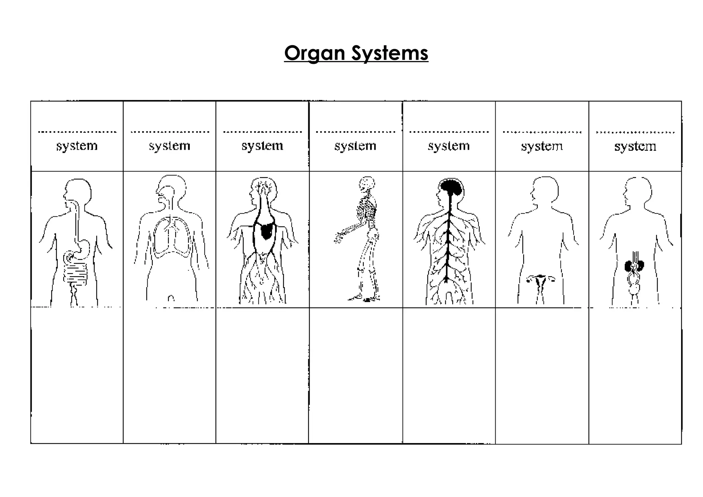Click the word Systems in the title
pyautogui.click(x=390, y=54)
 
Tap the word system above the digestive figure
pyautogui.click(x=77, y=146)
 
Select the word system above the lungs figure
pyautogui.click(x=170, y=146)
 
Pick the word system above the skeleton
pyautogui.click(x=355, y=146)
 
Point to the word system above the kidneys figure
pyautogui.click(x=635, y=146)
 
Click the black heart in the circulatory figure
pyautogui.click(x=267, y=230)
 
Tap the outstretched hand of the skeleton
pyautogui.click(x=339, y=238)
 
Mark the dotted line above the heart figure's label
pyautogui.click(x=262, y=132)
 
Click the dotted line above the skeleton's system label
pyautogui.click(x=355, y=132)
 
